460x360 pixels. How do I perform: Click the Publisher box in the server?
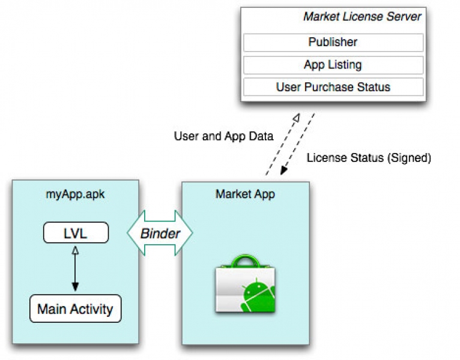[333, 43]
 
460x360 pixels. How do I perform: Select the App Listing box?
[333, 65]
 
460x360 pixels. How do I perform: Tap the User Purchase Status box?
[333, 87]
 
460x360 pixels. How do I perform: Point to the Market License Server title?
[362, 17]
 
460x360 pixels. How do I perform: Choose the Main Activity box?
[75, 309]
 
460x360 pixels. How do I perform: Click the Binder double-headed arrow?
[160, 233]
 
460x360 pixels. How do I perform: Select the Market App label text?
[245, 194]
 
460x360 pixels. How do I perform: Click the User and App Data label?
[223, 136]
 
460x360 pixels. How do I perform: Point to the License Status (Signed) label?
[369, 158]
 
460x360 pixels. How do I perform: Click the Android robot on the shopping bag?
[257, 295]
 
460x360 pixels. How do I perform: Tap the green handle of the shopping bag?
[244, 263]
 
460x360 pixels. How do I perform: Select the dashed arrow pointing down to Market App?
[297, 144]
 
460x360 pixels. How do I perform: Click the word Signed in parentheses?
[409, 158]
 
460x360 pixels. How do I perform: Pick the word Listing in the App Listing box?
[345, 65]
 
